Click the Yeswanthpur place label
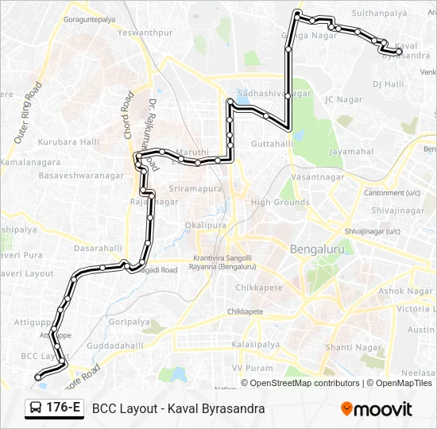[x=144, y=33]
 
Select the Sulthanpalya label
[x=379, y=14]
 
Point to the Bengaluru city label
[x=316, y=249]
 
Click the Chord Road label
[x=128, y=116]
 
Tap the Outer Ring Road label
[x=27, y=115]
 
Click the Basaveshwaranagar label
[x=81, y=175]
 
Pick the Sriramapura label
[x=195, y=189]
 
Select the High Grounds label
[x=280, y=203]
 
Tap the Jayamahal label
[x=350, y=151]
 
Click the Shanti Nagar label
[x=350, y=346]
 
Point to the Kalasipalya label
[x=256, y=345]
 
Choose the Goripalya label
[x=128, y=322]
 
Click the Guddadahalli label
[x=114, y=346]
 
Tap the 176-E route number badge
[x=64, y=408]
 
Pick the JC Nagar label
[x=343, y=99]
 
